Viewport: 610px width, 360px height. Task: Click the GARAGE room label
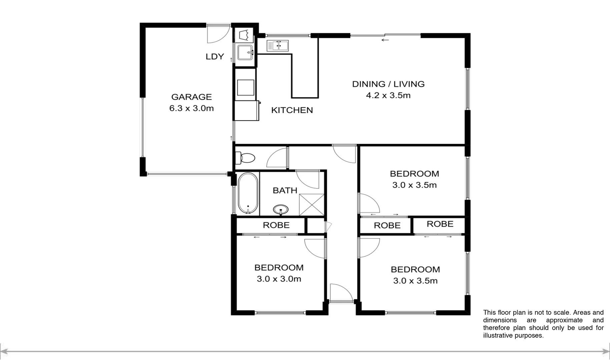[x=191, y=97]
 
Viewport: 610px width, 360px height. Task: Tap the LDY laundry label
[x=214, y=57]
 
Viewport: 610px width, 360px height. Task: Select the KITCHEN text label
[x=292, y=110]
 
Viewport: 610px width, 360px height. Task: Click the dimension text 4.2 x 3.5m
[x=388, y=96]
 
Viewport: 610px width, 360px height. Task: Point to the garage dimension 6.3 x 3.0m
[x=191, y=108]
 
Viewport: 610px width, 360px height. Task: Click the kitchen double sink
[x=277, y=46]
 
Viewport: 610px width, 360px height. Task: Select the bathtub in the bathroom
[x=248, y=194]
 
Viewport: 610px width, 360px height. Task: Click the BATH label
[x=285, y=191]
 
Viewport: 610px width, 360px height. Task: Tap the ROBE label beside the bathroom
[x=276, y=225]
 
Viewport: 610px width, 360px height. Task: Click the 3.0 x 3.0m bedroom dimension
[x=279, y=279]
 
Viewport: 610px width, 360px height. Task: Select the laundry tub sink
[x=245, y=53]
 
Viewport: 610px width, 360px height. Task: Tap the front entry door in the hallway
[x=341, y=293]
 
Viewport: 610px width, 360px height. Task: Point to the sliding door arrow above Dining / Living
[x=385, y=40]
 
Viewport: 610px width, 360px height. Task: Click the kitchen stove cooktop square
[x=246, y=87]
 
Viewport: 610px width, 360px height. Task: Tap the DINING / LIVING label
[x=388, y=84]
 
